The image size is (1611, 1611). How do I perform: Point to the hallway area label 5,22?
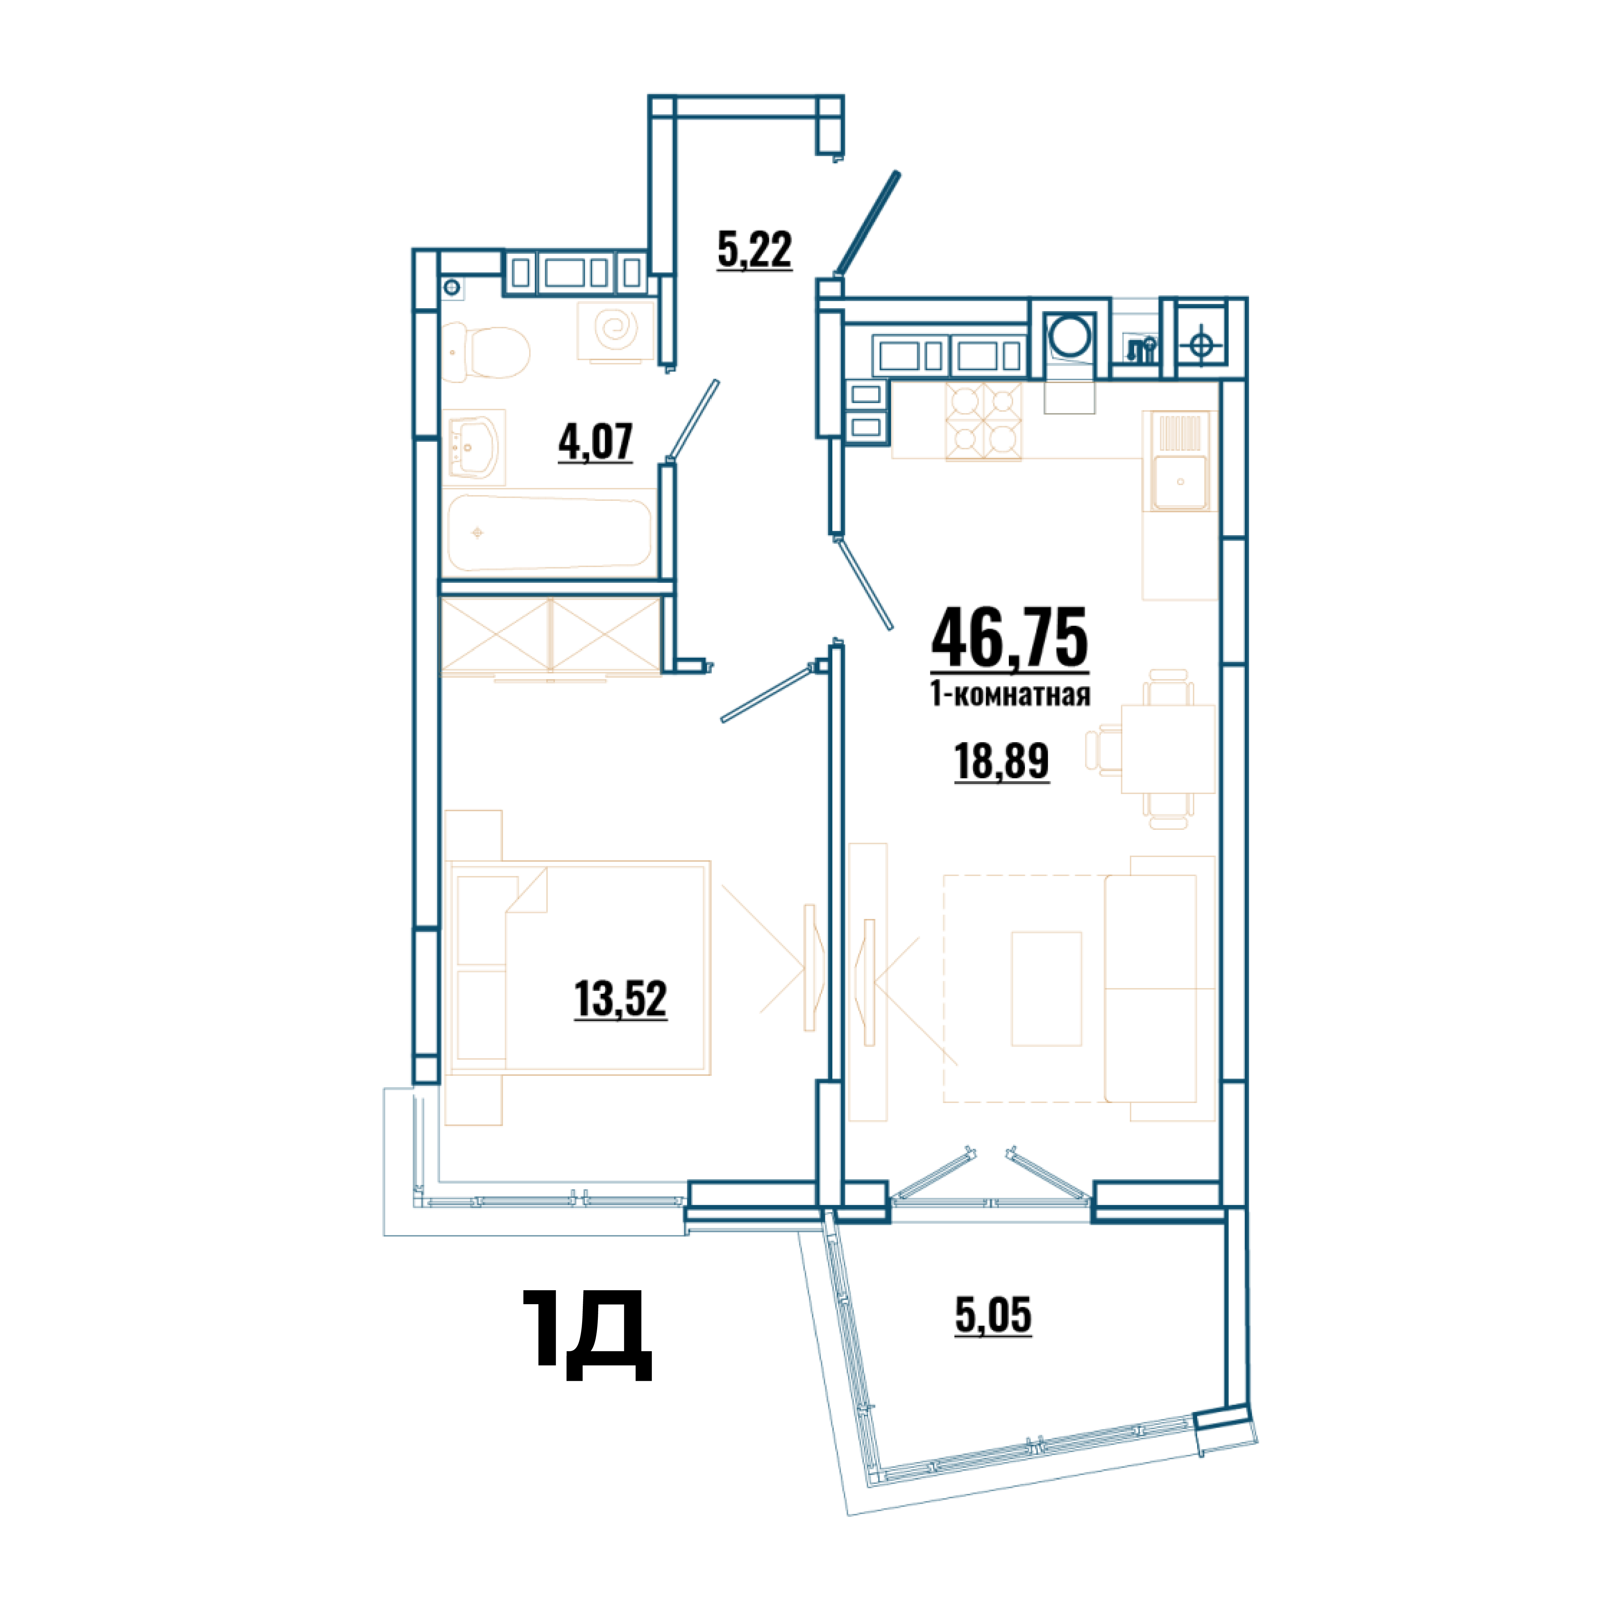[754, 249]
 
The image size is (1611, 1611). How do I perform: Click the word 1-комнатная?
[1010, 694]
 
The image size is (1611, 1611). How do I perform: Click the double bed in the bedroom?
[578, 967]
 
